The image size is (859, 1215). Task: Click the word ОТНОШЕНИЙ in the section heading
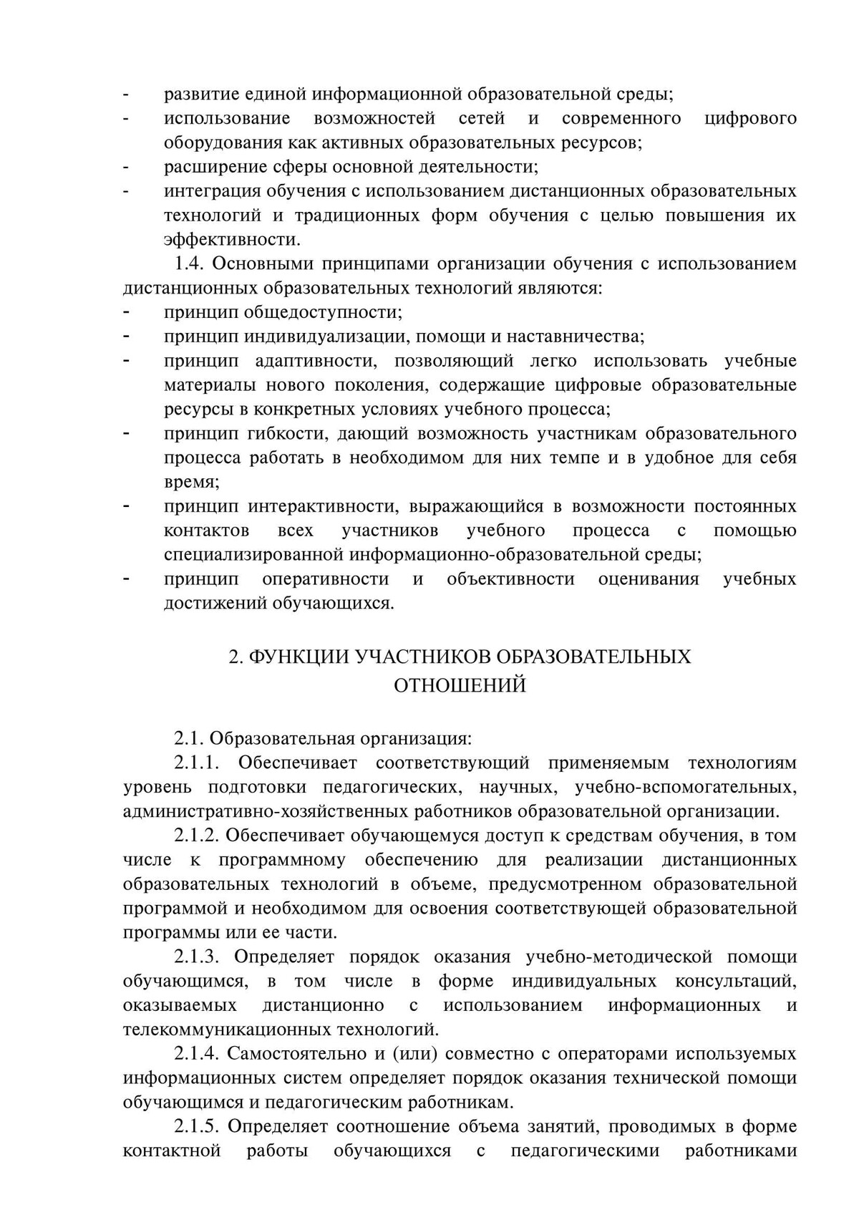(460, 686)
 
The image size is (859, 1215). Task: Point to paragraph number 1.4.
(190, 264)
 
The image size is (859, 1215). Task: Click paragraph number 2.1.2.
(198, 836)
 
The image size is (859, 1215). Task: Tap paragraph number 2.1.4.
(198, 1054)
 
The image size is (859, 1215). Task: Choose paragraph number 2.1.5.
(198, 1126)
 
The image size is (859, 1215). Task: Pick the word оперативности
(326, 579)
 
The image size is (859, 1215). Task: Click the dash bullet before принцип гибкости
(127, 434)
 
